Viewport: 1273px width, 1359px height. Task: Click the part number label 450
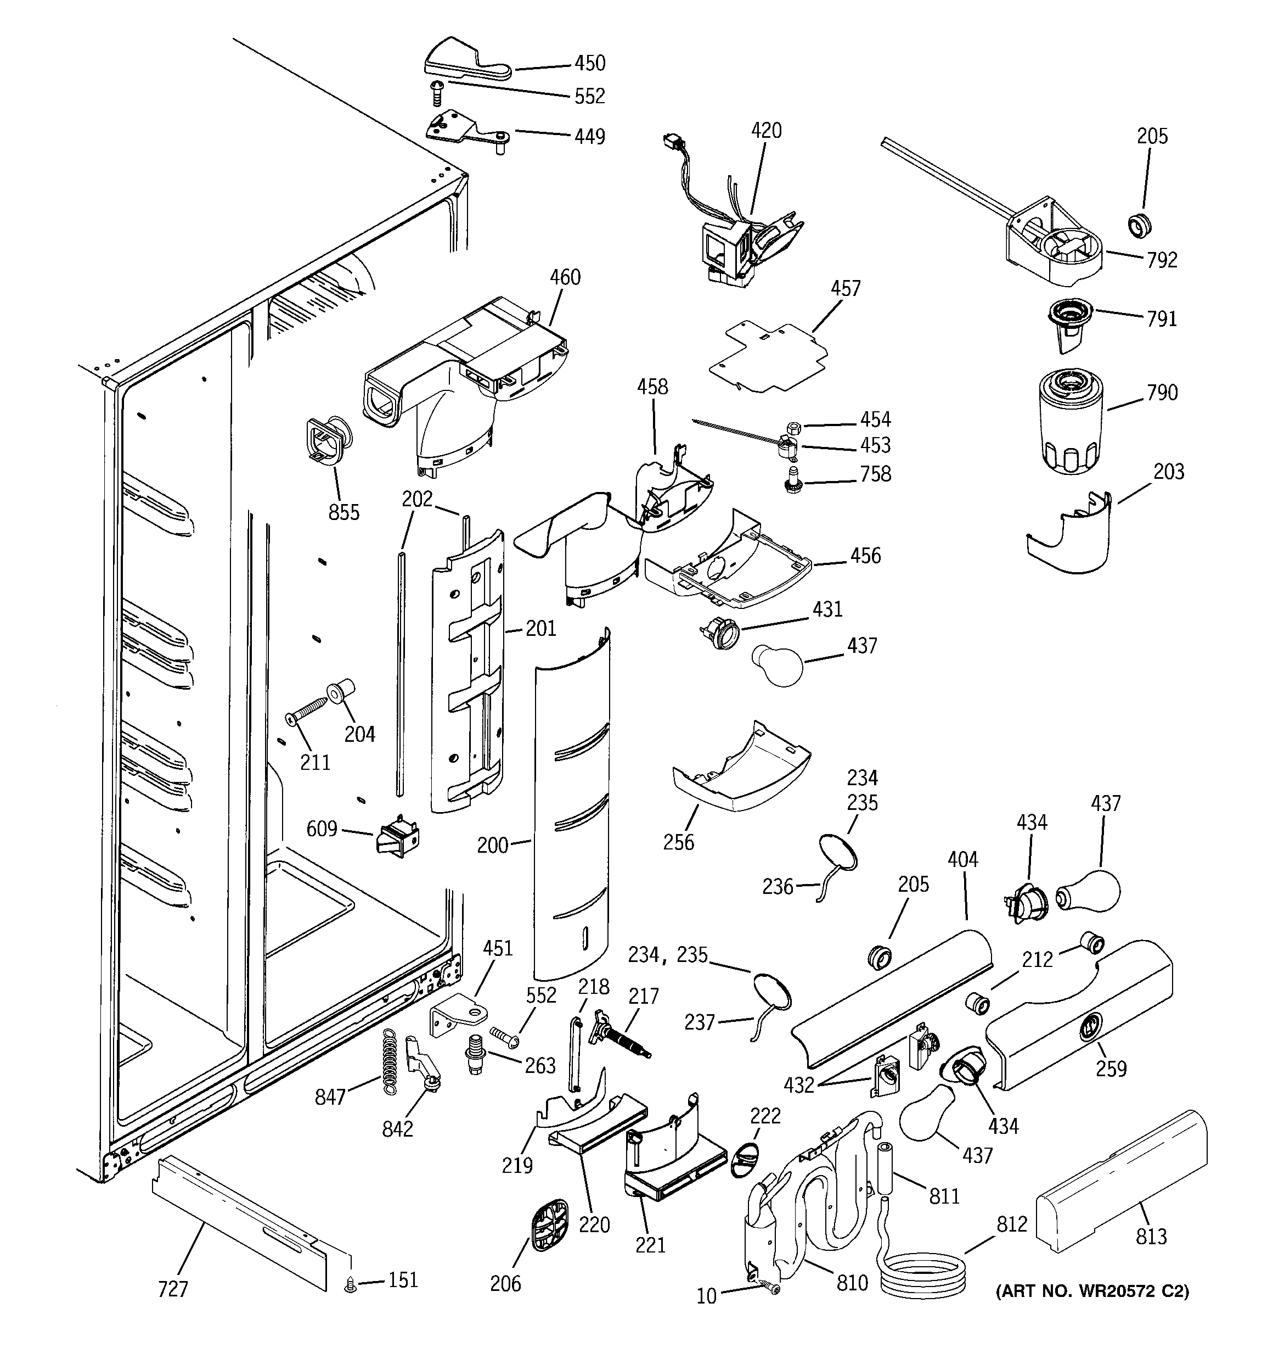coord(589,64)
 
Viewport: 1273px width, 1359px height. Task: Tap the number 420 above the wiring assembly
coord(766,131)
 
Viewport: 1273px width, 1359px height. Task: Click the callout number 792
coord(1162,260)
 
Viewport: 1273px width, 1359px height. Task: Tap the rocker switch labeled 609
coord(398,837)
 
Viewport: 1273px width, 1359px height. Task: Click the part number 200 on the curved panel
coord(492,846)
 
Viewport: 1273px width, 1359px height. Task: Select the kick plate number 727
coord(172,1289)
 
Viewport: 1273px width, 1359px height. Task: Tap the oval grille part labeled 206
coord(549,1224)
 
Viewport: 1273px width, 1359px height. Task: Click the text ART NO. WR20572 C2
coord(1092,1291)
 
